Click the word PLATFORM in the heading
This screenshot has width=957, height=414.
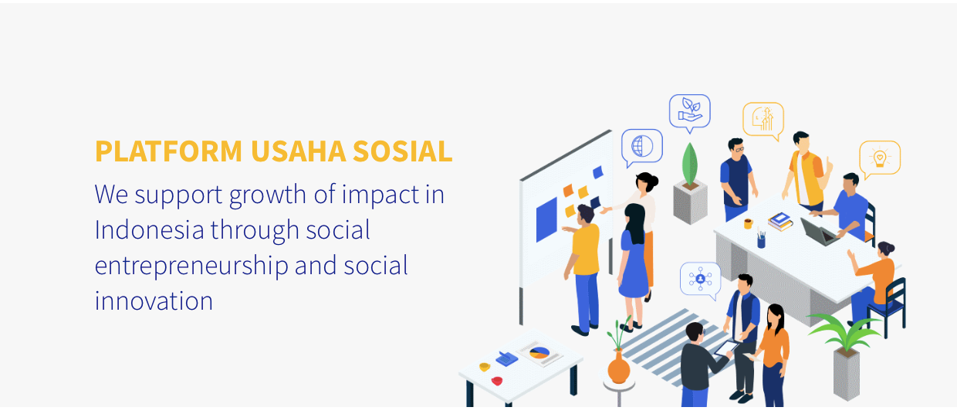[x=169, y=151]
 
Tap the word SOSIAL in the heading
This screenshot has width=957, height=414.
[x=402, y=151]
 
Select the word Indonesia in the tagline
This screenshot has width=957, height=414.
[x=149, y=230]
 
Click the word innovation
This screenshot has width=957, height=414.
[x=154, y=301]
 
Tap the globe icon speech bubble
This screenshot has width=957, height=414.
[x=641, y=148]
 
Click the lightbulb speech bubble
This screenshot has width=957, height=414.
[x=880, y=158]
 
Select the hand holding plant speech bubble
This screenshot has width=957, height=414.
[x=689, y=113]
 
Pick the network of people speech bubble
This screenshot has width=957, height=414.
[x=700, y=280]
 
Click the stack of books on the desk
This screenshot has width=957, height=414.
[x=780, y=222]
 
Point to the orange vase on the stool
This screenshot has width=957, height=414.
[x=619, y=367]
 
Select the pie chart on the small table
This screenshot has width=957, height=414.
[x=539, y=353]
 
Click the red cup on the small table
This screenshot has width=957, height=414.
[x=496, y=381]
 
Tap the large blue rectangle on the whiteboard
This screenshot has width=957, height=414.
[x=546, y=220]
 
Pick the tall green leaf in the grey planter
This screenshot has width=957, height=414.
[x=689, y=165]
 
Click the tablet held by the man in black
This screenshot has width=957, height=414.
[x=726, y=348]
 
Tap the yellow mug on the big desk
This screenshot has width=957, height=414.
[x=748, y=224]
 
